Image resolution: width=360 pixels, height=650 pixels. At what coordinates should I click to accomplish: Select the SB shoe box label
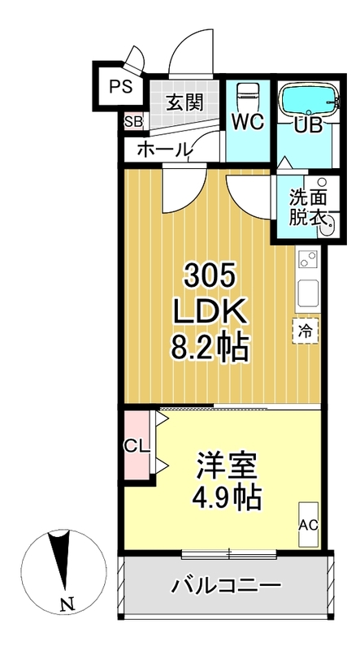point(132,123)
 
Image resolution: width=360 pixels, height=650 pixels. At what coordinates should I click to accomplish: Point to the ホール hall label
point(164,149)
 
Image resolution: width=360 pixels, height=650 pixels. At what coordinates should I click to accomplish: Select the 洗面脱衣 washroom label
point(309,207)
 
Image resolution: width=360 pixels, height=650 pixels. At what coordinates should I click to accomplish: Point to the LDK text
point(209,313)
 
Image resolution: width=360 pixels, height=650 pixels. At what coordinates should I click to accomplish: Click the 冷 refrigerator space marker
point(306,331)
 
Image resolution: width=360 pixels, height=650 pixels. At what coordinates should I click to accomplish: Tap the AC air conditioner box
point(308,523)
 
